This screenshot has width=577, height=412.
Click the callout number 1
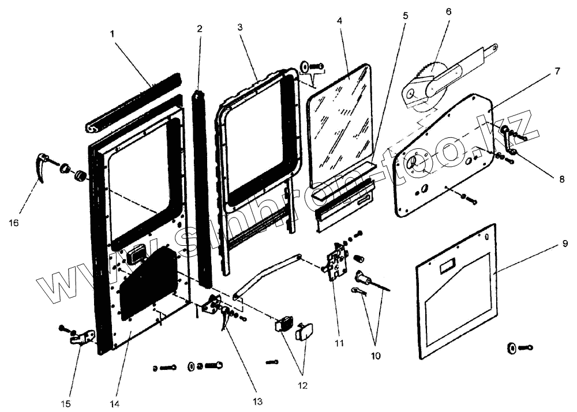(113, 34)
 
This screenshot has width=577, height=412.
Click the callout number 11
(339, 343)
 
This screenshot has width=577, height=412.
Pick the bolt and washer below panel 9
(518, 347)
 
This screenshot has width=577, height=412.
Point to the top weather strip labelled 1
(133, 102)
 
